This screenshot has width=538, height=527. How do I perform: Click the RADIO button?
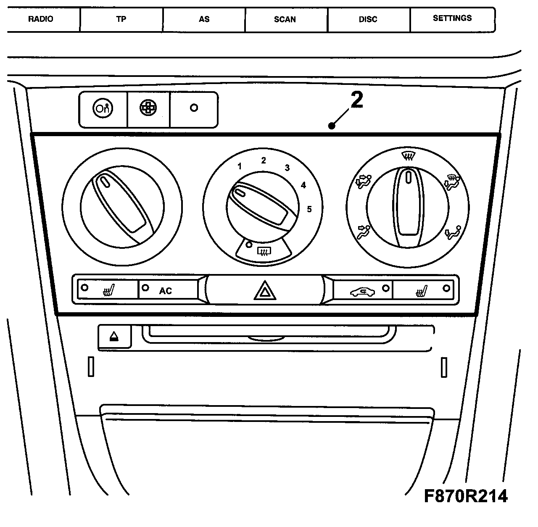tap(41, 19)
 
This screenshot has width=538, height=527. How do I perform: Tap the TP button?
tap(121, 19)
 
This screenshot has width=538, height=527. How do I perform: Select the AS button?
tap(204, 19)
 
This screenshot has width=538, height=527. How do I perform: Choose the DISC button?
tap(368, 19)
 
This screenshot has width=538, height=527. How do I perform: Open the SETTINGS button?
tap(452, 18)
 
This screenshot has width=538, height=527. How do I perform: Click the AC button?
tap(166, 290)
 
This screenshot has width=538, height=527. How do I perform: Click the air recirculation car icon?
tap(362, 291)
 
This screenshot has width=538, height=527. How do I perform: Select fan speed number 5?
tap(309, 209)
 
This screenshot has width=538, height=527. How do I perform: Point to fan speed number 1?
tap(240, 166)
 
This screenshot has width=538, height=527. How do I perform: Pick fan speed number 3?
tap(287, 168)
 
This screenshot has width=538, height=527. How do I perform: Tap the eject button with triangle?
tap(114, 337)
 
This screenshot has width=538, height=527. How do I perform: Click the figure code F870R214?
tap(466, 496)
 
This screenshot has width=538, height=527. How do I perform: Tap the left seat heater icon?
tap(109, 290)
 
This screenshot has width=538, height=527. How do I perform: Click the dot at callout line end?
tap(332, 126)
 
